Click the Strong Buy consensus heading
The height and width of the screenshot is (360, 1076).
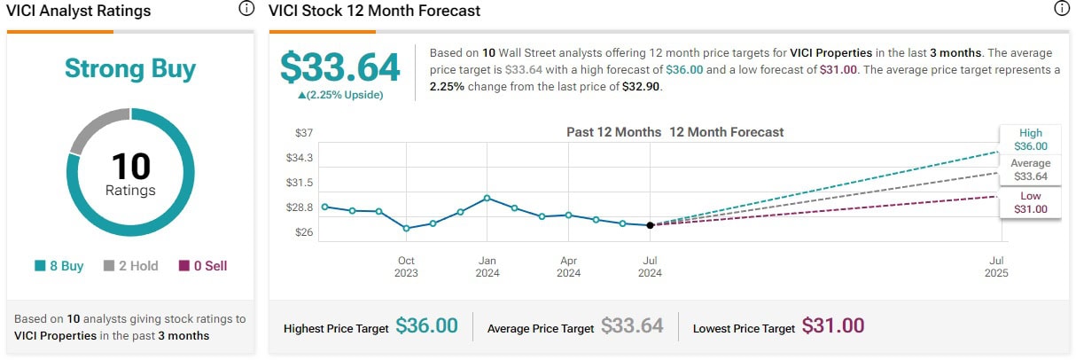coord(130,69)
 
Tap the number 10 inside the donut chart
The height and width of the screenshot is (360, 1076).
coord(130,167)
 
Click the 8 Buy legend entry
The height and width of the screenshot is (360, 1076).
coord(59,266)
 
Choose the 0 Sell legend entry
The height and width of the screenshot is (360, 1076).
coord(203,266)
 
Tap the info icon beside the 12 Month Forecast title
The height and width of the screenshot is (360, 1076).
coord(1062,10)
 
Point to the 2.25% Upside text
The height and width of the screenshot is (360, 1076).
coord(340,95)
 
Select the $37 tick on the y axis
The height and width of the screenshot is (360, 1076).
coord(304,133)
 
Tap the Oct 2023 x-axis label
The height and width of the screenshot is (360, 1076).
coord(406,266)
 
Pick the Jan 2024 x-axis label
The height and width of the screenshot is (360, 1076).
coord(487,266)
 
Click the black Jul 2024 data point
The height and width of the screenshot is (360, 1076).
coord(651,225)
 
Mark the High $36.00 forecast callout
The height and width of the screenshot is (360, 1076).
coord(1030,140)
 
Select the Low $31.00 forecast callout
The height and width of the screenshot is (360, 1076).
coord(1030,203)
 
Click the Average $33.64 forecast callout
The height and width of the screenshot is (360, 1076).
coord(1030,170)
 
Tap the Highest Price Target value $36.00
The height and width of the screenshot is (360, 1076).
coord(426,326)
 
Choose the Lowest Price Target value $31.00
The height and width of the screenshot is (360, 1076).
coord(832,326)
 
